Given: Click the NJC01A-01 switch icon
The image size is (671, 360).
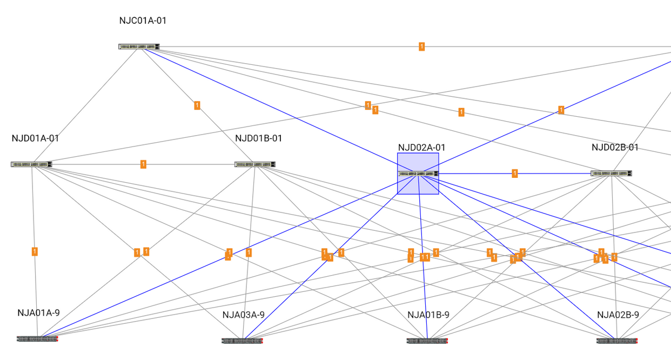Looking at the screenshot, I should [139, 46].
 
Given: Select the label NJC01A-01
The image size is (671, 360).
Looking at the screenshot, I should [143, 21].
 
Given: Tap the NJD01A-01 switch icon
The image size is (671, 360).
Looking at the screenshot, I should [31, 164].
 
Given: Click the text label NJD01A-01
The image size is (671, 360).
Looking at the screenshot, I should [35, 138].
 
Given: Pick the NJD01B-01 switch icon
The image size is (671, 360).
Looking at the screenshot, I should [255, 164].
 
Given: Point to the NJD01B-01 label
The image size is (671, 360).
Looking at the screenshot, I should [258, 138].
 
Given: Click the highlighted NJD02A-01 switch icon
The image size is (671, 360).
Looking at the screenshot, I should [418, 174].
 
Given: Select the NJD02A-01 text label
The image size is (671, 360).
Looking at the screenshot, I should [421, 148].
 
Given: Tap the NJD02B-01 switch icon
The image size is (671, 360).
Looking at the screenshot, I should [611, 174].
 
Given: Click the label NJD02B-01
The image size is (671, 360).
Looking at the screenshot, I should [615, 148].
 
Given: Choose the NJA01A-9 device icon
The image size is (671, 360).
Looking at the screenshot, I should [37, 339].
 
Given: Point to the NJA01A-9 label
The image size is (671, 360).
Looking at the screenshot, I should [38, 313].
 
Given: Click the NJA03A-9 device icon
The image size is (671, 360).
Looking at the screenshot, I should [242, 341].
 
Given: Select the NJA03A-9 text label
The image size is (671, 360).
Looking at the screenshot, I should [243, 315].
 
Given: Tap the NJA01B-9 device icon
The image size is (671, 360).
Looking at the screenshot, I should [427, 341].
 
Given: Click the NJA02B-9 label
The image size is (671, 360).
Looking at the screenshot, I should [618, 315].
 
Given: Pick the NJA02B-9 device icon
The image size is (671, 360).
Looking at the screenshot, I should [617, 341].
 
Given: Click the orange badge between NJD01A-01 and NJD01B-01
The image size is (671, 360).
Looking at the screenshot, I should [143, 164].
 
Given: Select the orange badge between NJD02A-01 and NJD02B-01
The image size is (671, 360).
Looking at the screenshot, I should [514, 174].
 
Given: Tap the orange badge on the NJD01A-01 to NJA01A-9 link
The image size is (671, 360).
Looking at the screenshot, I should [35, 251].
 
